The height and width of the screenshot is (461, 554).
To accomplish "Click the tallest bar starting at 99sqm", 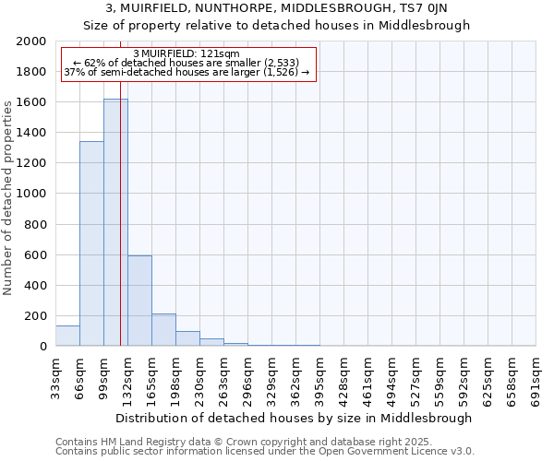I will click(115, 222).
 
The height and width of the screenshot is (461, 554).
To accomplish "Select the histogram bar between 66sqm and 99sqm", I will click(91, 243).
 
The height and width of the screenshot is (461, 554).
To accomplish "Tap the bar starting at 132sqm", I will click(139, 301).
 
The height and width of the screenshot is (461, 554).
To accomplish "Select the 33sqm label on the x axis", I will click(55, 376).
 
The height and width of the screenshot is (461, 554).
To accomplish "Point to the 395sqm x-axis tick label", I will click(319, 376).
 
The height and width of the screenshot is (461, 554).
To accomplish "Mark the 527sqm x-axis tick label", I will click(415, 376).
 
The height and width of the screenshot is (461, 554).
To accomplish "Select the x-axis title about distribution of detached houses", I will click(295, 418).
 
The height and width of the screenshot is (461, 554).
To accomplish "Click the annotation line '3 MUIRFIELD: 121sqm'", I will click(187, 53).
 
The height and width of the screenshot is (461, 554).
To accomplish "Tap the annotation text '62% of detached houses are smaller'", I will click(187, 63).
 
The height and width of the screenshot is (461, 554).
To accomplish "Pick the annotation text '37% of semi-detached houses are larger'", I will click(187, 72).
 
